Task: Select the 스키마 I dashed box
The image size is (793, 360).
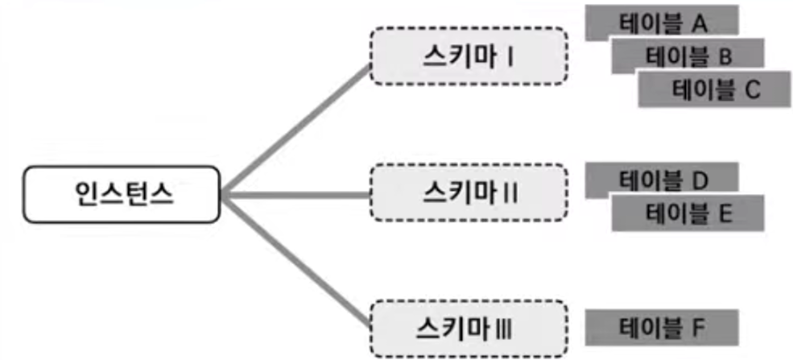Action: [469, 56]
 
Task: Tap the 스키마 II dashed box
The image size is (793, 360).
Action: [469, 193]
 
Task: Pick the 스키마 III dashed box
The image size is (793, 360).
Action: [469, 328]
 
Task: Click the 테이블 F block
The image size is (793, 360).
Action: [662, 327]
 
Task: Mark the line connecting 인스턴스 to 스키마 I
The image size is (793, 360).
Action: [298, 128]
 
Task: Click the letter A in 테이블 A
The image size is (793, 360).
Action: [699, 23]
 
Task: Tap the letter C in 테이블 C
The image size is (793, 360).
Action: [751, 90]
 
